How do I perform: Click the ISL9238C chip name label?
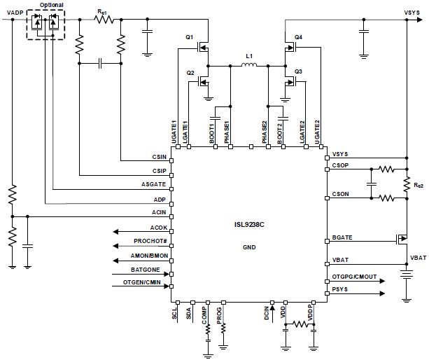pyautogui.click(x=251, y=225)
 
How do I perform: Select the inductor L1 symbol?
pyautogui.click(x=248, y=67)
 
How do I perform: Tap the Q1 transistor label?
pyautogui.click(x=189, y=36)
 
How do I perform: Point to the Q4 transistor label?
pyautogui.click(x=298, y=36)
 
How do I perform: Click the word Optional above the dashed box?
pyautogui.click(x=51, y=5)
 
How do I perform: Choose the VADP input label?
pyautogui.click(x=15, y=12)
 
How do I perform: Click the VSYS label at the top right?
pyautogui.click(x=412, y=12)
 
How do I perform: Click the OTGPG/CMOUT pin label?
pyautogui.click(x=354, y=277)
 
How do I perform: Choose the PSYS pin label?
pyautogui.click(x=340, y=289)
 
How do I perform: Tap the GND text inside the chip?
pyautogui.click(x=250, y=247)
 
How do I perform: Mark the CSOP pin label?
pyautogui.click(x=341, y=166)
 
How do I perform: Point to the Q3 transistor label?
pyautogui.click(x=298, y=71)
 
